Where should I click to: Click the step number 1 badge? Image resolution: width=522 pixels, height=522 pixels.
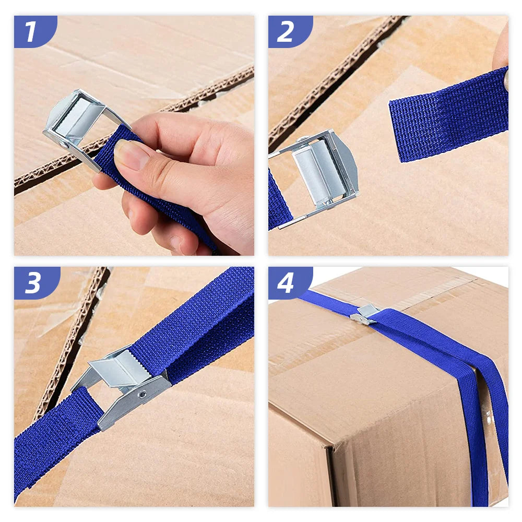(35, 31)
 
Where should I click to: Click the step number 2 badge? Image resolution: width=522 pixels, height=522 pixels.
(290, 31)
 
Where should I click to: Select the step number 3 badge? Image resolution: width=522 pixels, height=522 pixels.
(37, 282)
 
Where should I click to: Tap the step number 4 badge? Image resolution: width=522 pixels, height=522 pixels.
(290, 282)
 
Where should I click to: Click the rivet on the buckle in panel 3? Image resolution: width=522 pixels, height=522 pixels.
(142, 395)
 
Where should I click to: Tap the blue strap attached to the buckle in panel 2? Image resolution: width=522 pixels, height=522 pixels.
(279, 200)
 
